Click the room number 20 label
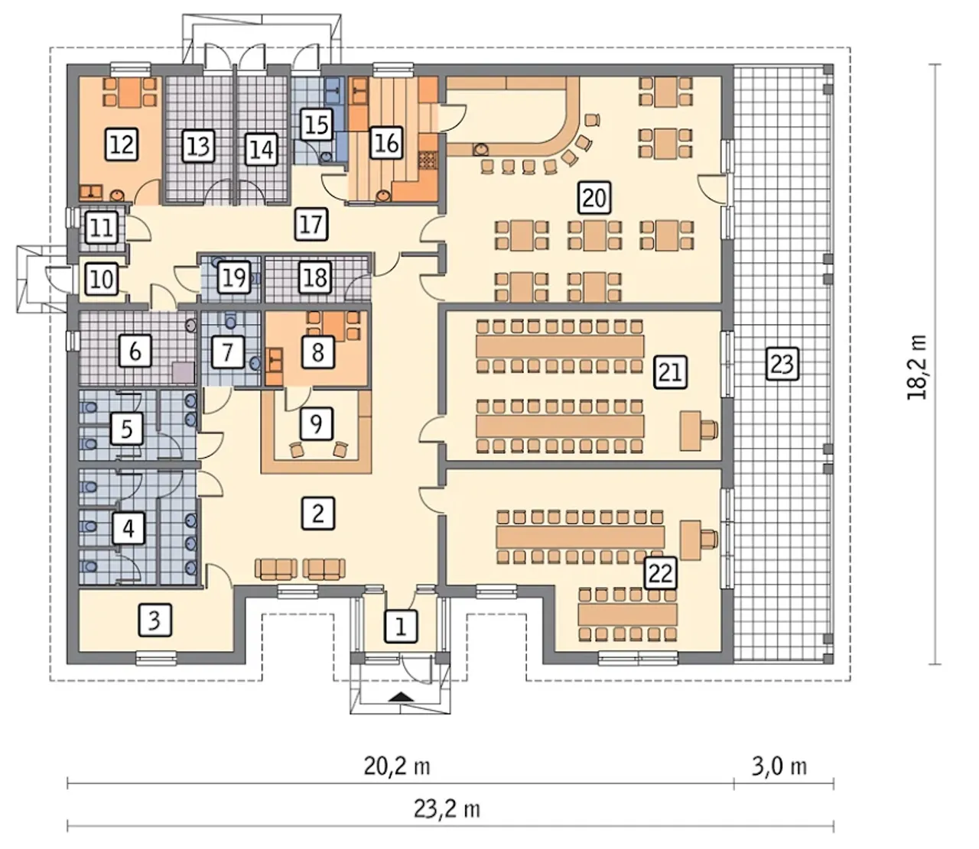[595, 197]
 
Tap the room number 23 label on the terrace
[782, 363]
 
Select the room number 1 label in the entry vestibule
[401, 626]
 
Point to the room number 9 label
[316, 423]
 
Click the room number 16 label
[386, 143]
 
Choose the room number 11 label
[102, 227]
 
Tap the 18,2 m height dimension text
[917, 367]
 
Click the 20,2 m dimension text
[398, 766]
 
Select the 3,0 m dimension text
[779, 766]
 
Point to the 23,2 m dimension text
[447, 809]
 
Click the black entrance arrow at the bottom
[401, 698]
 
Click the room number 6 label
[135, 352]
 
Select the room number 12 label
[122, 144]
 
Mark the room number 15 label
[317, 125]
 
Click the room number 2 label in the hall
[318, 513]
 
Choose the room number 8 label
[317, 352]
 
